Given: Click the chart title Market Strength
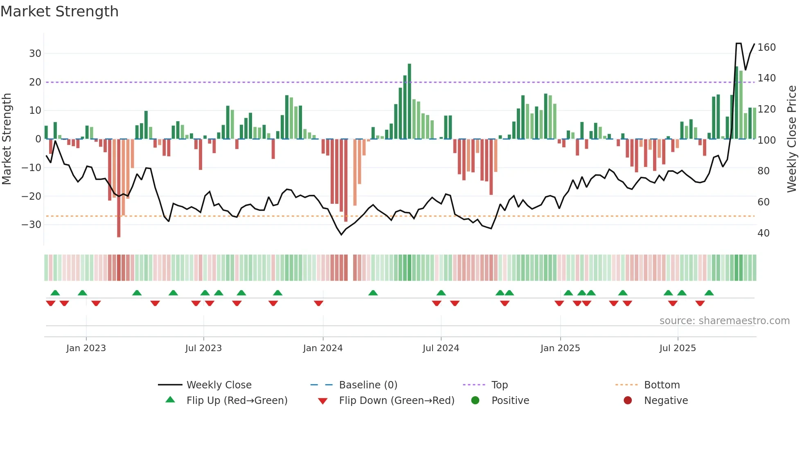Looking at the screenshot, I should pos(59,11).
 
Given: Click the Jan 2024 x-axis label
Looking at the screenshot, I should pos(323,348).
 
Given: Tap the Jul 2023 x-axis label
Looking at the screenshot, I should pos(203,348).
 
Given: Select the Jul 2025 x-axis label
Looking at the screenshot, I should pos(678,348).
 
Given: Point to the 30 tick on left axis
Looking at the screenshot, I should pos(35,54).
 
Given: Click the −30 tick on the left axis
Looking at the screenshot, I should pos(32,225).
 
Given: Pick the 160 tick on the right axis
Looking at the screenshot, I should pos(766,47).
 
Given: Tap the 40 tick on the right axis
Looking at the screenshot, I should pos(764,233).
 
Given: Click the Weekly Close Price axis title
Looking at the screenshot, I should pos(792,139).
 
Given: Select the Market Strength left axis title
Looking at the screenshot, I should pos(7,139).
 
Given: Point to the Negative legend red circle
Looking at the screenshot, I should pos(628,401).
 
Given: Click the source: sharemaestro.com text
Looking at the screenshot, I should pos(724,321).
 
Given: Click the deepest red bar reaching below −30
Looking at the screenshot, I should pos(119,188).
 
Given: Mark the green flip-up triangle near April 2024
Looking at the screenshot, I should pos(373,293).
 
